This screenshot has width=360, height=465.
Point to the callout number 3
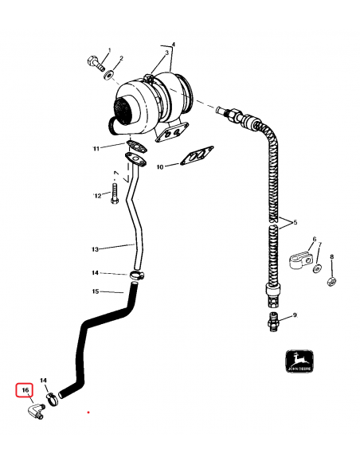click(167, 53)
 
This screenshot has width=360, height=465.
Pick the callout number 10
click(159, 167)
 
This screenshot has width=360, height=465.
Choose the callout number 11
click(118, 149)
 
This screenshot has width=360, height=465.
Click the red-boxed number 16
click(25, 390)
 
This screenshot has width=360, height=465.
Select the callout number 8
click(333, 256)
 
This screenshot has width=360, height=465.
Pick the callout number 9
click(294, 316)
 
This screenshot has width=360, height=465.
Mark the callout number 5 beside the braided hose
click(294, 221)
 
